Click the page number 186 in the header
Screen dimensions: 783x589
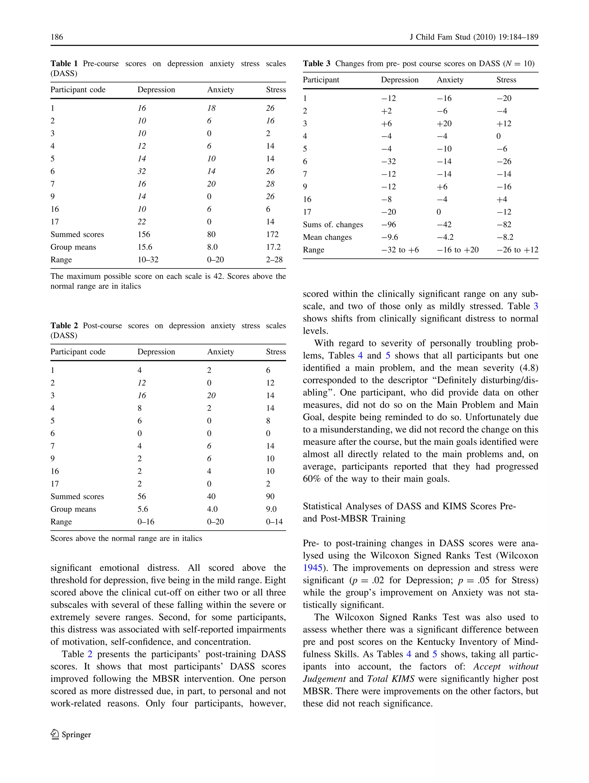tap(57, 37)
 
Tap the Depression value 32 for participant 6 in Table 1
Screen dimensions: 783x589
tap(141, 171)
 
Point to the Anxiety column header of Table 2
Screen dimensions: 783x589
tap(220, 352)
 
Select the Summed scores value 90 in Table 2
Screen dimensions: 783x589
tap(270, 497)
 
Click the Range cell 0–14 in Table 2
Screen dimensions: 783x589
tap(274, 522)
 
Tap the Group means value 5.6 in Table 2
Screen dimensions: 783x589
tap(143, 509)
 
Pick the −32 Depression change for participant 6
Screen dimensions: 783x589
tap(389, 161)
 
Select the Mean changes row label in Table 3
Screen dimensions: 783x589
tap(327, 237)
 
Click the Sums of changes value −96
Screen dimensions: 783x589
tap(389, 224)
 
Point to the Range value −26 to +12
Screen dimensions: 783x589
tap(517, 250)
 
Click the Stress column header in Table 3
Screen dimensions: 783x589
tap(506, 80)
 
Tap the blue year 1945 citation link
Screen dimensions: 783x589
tap(312, 568)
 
